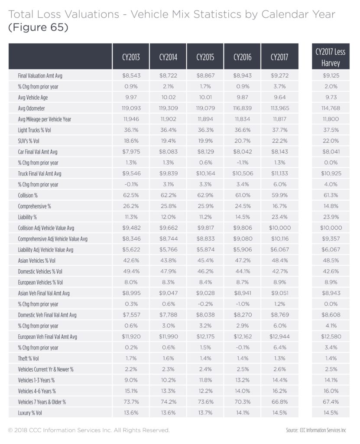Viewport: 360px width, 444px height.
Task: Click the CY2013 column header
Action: (131, 57)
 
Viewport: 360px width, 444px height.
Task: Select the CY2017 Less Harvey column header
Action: (331, 57)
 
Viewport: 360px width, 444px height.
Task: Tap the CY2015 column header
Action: (205, 57)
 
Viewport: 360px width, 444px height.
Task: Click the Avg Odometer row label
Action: (31, 108)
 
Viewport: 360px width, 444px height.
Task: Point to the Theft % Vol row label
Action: (28, 359)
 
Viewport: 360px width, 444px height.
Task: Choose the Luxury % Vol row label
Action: (30, 413)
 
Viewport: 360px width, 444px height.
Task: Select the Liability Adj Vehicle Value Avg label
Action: (45, 250)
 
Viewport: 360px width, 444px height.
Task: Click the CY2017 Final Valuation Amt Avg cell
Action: (279, 75)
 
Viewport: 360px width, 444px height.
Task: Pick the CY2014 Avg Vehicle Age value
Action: (169, 98)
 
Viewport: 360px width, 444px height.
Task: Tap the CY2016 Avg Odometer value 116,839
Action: (243, 108)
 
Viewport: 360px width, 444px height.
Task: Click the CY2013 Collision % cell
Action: (131, 196)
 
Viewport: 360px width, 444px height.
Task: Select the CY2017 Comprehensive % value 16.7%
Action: (279, 206)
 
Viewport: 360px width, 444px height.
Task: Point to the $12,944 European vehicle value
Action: (279, 336)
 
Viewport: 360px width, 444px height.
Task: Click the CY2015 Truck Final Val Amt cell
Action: (205, 173)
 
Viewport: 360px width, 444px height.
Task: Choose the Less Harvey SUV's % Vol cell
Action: (331, 141)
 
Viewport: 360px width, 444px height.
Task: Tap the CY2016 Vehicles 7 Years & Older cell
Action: (243, 402)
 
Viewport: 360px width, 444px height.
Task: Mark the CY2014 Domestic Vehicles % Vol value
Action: (169, 271)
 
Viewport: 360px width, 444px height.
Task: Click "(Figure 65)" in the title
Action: (39, 27)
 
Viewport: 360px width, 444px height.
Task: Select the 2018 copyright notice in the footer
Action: (89, 431)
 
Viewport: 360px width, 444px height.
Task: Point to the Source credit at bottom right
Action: (316, 431)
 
